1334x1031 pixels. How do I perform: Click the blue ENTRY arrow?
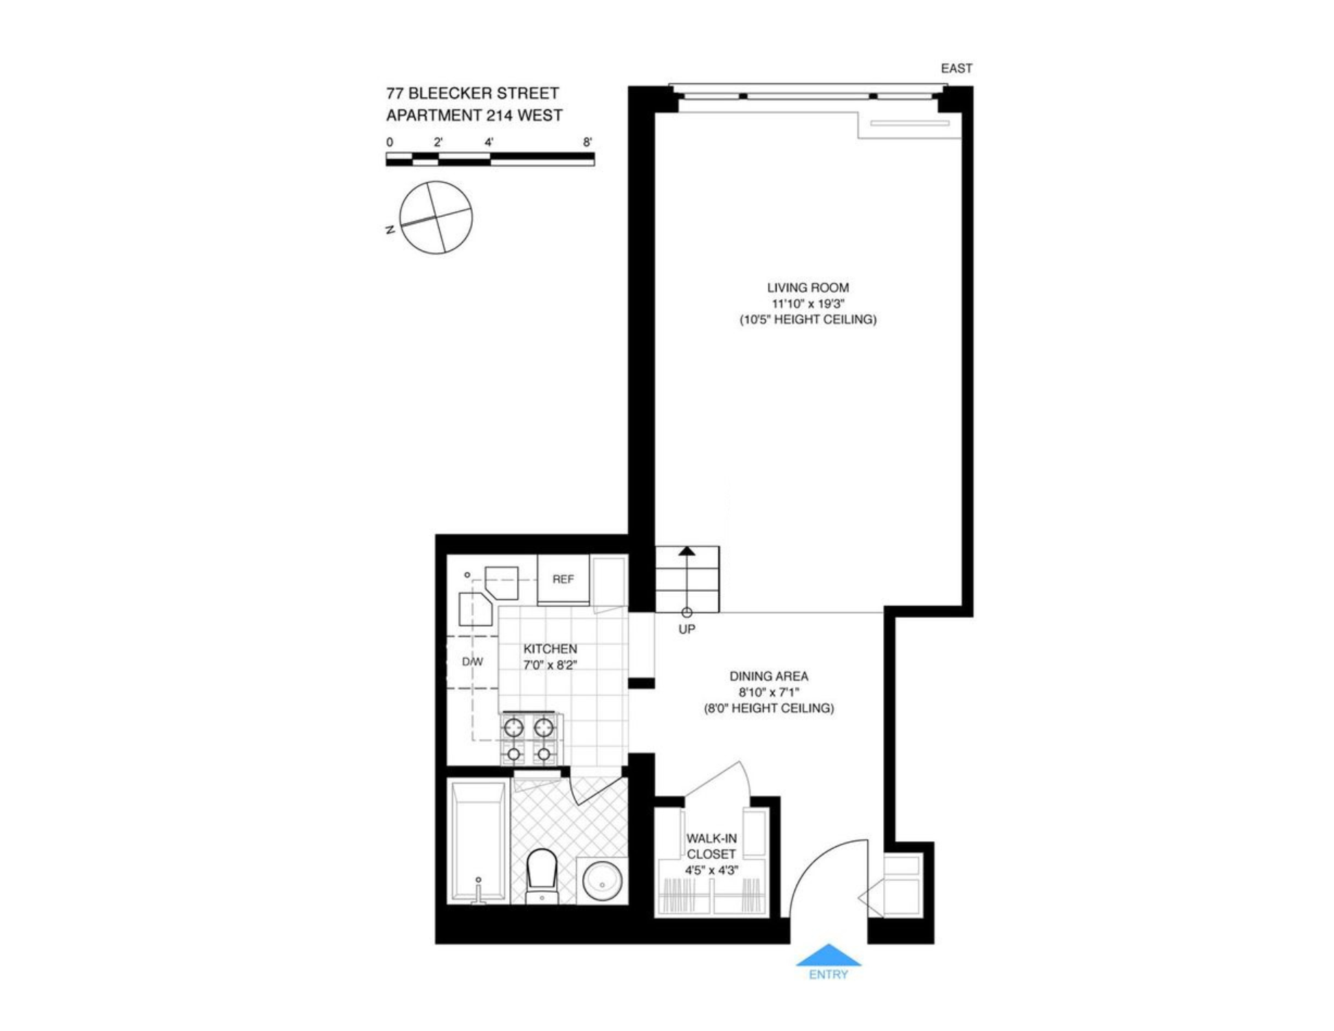click(x=828, y=955)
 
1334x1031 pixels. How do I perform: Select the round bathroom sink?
click(x=602, y=880)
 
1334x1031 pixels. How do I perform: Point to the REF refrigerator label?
click(x=563, y=579)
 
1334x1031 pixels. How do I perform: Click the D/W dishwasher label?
click(x=472, y=662)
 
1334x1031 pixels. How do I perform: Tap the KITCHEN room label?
click(x=550, y=649)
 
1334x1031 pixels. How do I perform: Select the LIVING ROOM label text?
click(x=808, y=288)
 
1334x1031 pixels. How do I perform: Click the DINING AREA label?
click(x=768, y=676)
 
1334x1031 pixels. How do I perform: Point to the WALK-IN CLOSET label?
click(x=711, y=846)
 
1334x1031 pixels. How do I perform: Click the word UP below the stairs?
click(x=687, y=629)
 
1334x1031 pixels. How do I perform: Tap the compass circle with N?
click(x=436, y=217)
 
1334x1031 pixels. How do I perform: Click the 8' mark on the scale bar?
click(x=588, y=142)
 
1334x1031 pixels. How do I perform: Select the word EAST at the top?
click(x=956, y=68)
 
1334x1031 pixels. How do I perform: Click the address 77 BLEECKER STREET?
click(x=472, y=93)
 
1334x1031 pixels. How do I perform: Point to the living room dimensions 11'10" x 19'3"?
click(x=808, y=304)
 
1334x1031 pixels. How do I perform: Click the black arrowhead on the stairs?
click(x=687, y=551)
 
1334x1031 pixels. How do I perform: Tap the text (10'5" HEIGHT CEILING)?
click(x=808, y=320)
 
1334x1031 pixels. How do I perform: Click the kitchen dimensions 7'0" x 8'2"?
click(x=550, y=665)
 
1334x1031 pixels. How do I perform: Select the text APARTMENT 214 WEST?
click(x=474, y=115)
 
